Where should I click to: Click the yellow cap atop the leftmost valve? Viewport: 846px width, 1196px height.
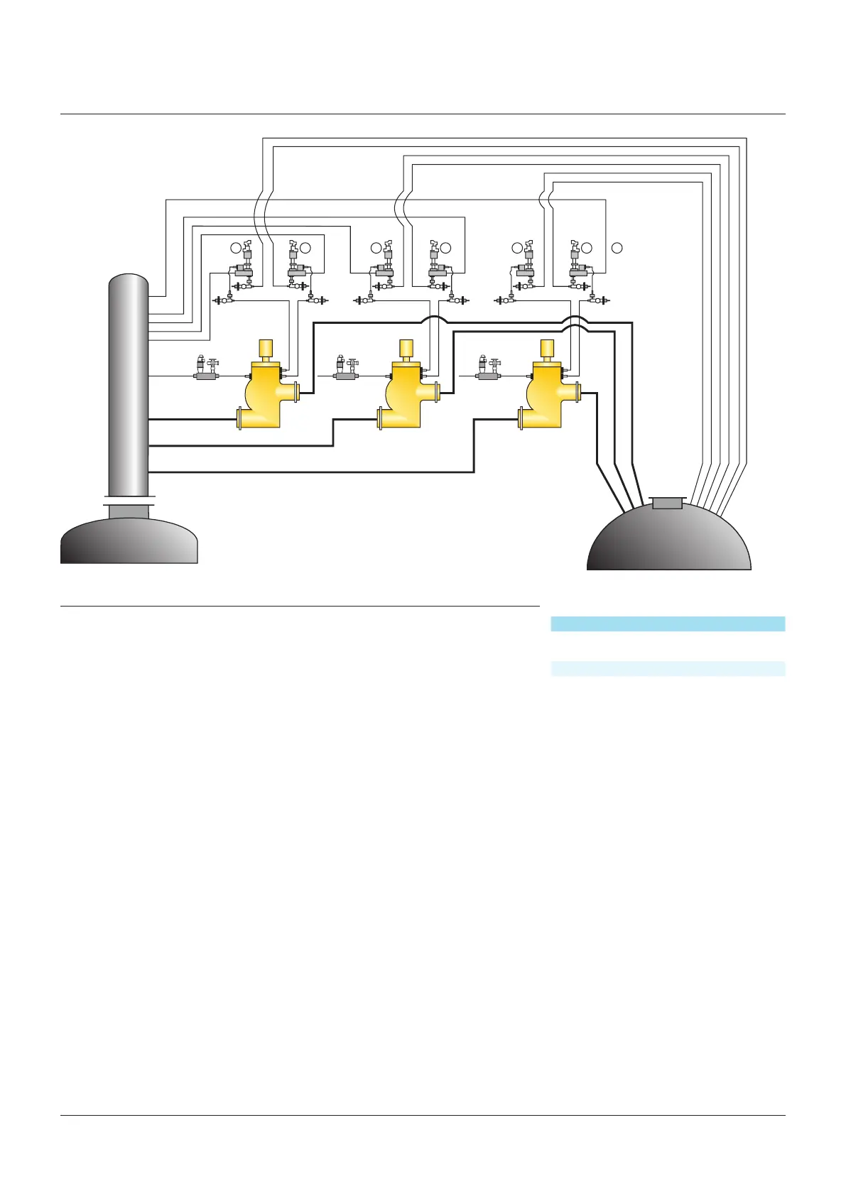pos(266,348)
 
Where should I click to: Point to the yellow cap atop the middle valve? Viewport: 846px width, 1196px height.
pos(407,348)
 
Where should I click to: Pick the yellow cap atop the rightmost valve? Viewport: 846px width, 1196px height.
pos(548,348)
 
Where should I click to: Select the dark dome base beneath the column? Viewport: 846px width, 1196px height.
pos(129,541)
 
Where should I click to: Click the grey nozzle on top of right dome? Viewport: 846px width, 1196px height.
pos(667,503)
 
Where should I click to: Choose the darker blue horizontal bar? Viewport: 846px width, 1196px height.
pos(668,624)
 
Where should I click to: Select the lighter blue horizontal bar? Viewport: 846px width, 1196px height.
pos(668,668)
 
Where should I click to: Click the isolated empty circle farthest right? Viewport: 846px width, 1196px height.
pos(617,248)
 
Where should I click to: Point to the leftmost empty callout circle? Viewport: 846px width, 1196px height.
pos(236,248)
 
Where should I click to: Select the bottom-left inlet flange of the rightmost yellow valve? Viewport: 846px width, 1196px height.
pos(522,418)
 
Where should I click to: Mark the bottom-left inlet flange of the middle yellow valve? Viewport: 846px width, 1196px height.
pos(381,418)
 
